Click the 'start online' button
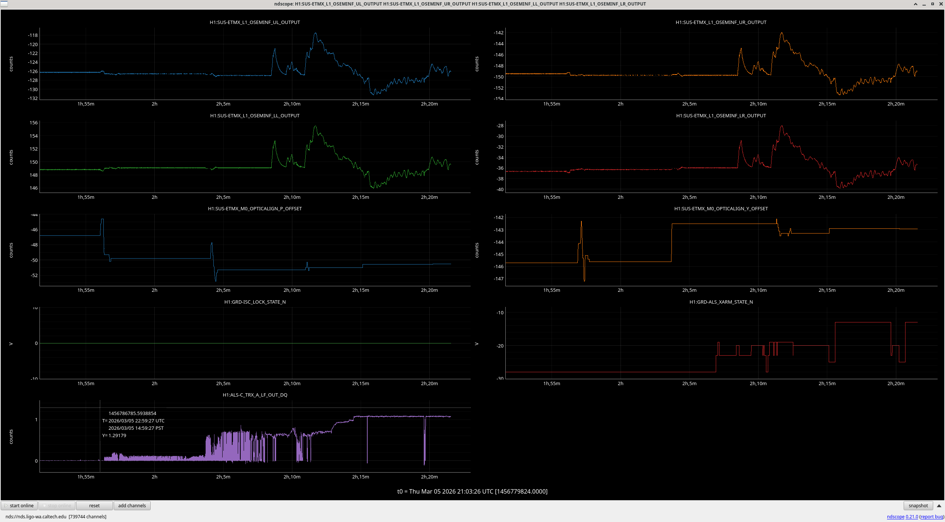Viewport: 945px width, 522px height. (19, 505)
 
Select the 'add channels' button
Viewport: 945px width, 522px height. (132, 505)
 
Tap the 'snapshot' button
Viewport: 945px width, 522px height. (918, 505)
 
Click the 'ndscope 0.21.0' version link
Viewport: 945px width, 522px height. (902, 516)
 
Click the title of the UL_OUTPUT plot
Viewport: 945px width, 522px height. (255, 22)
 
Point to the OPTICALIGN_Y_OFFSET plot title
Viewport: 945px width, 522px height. (721, 208)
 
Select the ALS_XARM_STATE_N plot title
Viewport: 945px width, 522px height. (721, 302)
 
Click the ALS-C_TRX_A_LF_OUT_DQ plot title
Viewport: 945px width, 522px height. (255, 395)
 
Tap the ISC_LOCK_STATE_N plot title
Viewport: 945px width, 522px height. (255, 302)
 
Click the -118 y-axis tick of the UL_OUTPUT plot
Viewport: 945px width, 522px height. (33, 35)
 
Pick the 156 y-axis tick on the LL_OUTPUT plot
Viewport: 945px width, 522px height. (34, 123)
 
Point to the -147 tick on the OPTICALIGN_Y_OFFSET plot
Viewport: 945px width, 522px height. (499, 279)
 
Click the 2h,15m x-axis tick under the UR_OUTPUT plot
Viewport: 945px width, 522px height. (827, 104)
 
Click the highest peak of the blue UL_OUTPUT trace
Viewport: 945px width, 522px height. (315, 33)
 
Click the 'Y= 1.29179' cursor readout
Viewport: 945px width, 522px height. (114, 435)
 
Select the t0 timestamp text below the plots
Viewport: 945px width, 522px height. (472, 491)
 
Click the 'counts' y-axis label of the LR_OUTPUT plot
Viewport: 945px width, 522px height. (477, 157)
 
